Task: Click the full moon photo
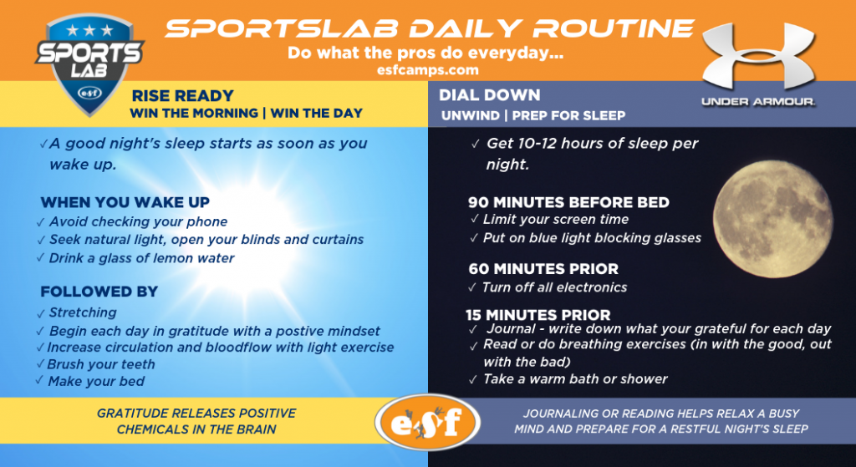(773, 219)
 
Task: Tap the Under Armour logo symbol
(758, 57)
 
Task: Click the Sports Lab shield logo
(89, 63)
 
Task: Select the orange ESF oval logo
(427, 422)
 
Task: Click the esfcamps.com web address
(427, 70)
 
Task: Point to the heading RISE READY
(182, 96)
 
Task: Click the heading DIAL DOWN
(489, 95)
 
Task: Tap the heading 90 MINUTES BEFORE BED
(568, 202)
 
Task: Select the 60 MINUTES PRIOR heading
(543, 269)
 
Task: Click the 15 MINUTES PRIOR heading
(538, 315)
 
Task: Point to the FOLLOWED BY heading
(99, 292)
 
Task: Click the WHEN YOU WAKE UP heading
(125, 202)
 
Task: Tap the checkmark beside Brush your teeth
(40, 363)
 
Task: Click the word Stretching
(83, 312)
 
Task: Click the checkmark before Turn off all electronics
(472, 287)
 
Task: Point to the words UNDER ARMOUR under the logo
(758, 102)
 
